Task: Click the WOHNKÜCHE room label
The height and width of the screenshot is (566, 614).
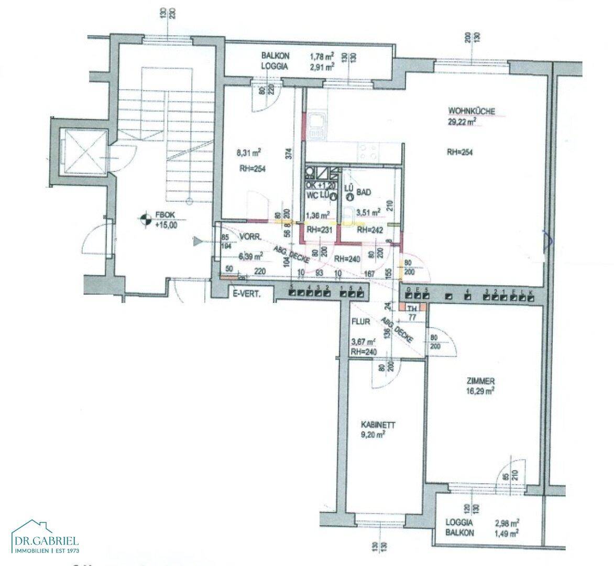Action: coord(472,111)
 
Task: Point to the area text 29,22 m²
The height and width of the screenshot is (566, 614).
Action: coord(461,121)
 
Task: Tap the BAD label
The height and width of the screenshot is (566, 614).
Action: coord(364,192)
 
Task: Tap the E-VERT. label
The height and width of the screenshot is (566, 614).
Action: coord(247,295)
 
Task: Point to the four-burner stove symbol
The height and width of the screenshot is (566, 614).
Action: coord(367,153)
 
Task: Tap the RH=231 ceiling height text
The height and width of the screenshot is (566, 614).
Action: coord(316,229)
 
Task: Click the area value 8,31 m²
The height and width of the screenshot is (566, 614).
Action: coord(249,153)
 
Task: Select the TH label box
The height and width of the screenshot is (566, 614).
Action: coord(413,307)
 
